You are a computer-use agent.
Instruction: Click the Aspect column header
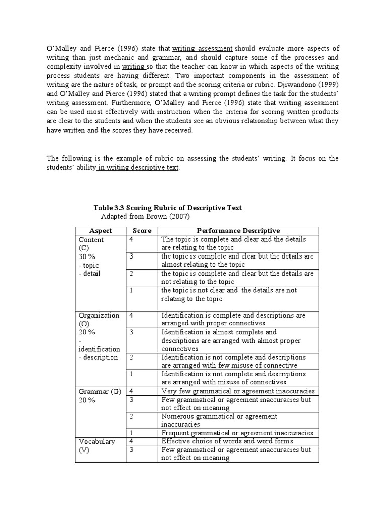[x=100, y=231]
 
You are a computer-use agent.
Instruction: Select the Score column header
[x=142, y=231]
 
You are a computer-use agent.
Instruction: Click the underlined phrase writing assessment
[x=203, y=48]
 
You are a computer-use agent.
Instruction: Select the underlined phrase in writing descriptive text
[x=138, y=167]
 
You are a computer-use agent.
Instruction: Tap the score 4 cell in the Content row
[x=131, y=240]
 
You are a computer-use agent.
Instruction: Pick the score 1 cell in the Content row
[x=131, y=290]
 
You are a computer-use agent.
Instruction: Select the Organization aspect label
[x=99, y=315]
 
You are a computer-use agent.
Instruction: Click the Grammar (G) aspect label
[x=100, y=391]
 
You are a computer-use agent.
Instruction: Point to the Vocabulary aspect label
[x=96, y=441]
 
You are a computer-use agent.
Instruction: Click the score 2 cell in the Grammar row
[x=131, y=416]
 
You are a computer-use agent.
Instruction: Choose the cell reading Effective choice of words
[x=227, y=441]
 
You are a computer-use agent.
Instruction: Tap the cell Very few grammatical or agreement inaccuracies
[x=238, y=391]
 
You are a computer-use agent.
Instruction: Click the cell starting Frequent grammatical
[x=237, y=433]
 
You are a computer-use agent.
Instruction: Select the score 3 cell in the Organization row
[x=131, y=332]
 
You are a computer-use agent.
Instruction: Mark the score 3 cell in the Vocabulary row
[x=131, y=450]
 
